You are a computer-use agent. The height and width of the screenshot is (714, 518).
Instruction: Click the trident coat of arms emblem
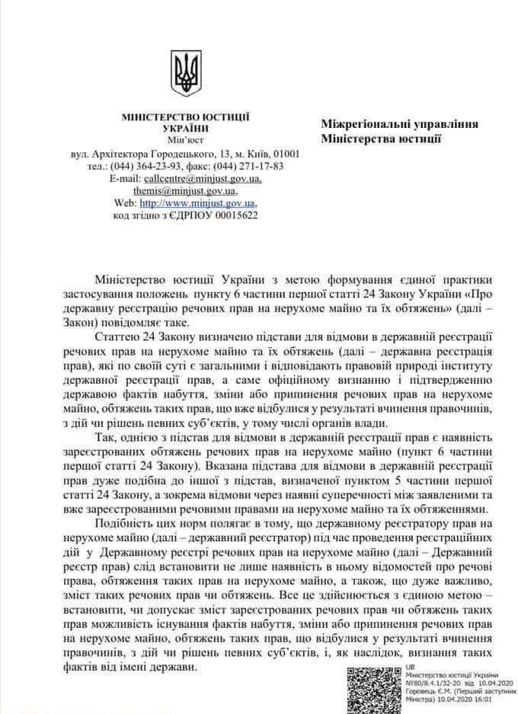coord(184,74)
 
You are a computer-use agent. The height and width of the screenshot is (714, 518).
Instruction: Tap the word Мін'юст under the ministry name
coord(186,141)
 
